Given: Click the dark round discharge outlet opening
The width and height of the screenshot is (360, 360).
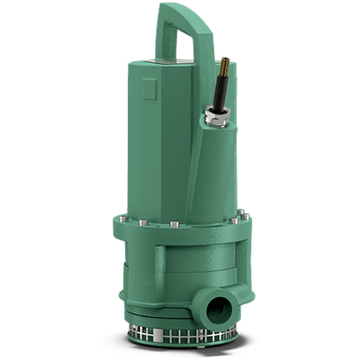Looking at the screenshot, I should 218,310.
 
